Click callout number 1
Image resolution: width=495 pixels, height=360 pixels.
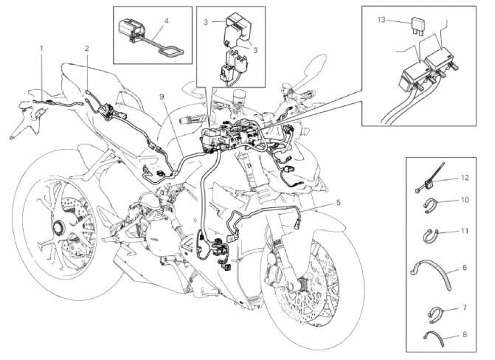(42, 49)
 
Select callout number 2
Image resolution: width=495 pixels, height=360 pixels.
(87, 49)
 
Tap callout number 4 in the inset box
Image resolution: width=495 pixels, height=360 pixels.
(167, 21)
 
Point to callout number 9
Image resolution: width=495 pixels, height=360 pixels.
(162, 97)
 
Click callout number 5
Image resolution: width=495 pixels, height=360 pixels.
(339, 201)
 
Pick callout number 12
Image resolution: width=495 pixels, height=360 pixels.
(465, 178)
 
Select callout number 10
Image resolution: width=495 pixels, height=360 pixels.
(465, 200)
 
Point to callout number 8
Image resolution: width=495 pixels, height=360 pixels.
(465, 335)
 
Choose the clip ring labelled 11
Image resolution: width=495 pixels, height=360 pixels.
(430, 236)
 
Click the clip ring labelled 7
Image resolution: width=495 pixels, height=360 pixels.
(431, 312)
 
